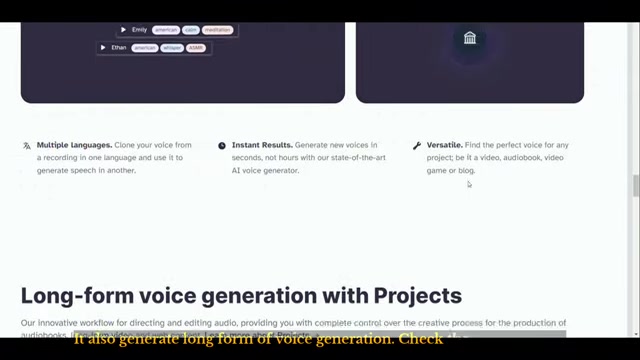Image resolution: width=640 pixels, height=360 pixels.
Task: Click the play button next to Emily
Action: point(123,30)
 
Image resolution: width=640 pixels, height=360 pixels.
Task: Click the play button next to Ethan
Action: point(103,47)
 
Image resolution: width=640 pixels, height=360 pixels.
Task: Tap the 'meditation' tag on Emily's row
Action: point(218,30)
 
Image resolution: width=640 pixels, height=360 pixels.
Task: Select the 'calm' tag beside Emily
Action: point(190,30)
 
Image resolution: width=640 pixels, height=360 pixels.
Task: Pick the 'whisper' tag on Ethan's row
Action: point(171,47)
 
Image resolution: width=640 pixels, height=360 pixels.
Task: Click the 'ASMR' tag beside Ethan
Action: point(196,47)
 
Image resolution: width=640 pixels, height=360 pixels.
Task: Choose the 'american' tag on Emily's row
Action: point(164,30)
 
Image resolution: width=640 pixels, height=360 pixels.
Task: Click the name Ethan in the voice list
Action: point(119,47)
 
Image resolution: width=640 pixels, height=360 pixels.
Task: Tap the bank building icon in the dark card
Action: point(470,38)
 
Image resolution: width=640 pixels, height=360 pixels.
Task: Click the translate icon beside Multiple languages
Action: point(27,146)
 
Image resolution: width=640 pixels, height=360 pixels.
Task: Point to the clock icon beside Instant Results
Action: point(222,146)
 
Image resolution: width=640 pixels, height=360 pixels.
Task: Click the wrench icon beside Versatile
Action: point(417,146)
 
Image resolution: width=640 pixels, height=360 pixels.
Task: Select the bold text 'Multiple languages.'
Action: point(74,146)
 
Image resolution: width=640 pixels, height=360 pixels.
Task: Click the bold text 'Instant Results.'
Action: point(262,146)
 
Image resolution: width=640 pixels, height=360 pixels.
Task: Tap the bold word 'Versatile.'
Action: point(445,146)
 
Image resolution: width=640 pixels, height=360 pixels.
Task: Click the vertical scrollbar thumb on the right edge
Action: point(635,187)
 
